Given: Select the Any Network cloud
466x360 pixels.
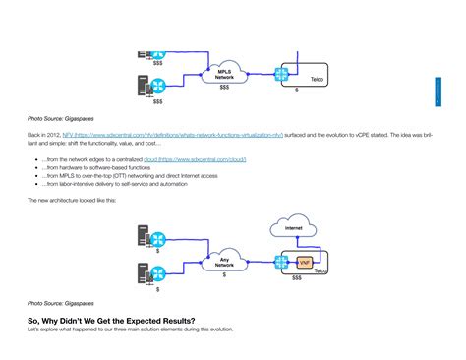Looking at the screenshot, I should pyautogui.click(x=224, y=261).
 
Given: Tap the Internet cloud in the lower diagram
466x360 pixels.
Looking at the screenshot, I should pyautogui.click(x=294, y=229).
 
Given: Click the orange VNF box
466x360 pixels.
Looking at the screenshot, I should pyautogui.click(x=304, y=263).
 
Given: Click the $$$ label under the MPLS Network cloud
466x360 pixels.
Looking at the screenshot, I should pyautogui.click(x=224, y=88).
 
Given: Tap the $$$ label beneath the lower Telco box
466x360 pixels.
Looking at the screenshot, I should pyautogui.click(x=298, y=279).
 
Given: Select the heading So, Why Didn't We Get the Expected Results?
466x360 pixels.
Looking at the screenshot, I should pyautogui.click(x=110, y=321).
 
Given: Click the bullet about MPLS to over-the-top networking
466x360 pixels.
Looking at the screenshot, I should pyautogui.click(x=118, y=175).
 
